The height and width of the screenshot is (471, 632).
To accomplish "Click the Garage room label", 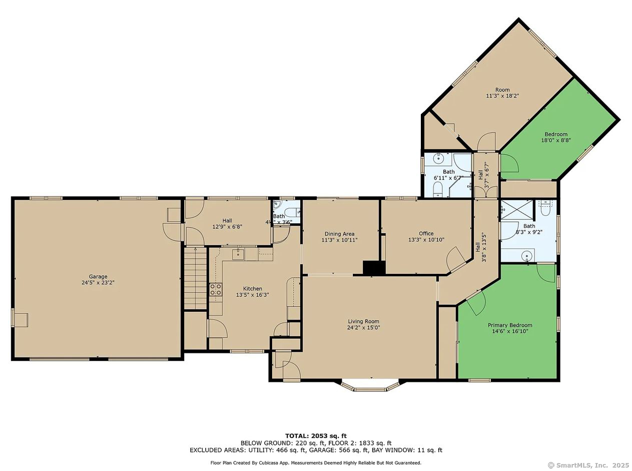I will [x=98, y=276].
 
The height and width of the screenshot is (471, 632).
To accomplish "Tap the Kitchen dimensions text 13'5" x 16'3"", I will [x=252, y=295].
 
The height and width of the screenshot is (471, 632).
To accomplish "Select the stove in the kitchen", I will [x=216, y=289].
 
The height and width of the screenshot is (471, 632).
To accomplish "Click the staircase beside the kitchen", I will [x=195, y=278].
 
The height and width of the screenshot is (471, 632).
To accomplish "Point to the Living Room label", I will [x=363, y=321].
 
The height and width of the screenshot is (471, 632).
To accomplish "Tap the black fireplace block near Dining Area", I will [x=374, y=268].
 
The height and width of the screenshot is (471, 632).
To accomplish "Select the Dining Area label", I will [x=339, y=234].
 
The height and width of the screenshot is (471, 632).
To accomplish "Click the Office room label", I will [x=426, y=233].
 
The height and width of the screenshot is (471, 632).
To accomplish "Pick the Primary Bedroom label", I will [x=510, y=325].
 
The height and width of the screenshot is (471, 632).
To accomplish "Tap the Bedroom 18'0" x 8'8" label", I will [x=556, y=134].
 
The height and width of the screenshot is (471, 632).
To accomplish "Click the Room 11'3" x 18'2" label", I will [x=502, y=90].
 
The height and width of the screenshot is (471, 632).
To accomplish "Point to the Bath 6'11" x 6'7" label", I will [x=448, y=172].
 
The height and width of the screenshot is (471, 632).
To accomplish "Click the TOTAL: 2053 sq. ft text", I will [x=316, y=435].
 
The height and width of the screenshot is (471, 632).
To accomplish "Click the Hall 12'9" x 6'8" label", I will [x=227, y=220].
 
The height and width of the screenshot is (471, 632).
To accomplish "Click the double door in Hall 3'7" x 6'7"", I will [x=485, y=191].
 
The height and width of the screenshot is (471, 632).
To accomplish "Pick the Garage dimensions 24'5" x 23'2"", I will [x=98, y=282].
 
